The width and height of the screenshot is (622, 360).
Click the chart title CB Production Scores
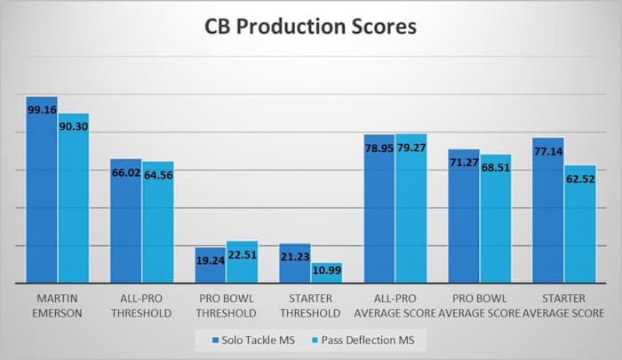(311, 28)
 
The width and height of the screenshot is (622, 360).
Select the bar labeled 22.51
(243, 262)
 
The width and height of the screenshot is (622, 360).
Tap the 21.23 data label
(295, 257)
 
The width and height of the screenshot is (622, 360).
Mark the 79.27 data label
(411, 148)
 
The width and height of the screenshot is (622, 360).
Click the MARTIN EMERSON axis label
(58, 306)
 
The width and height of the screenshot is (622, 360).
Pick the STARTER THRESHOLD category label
(311, 306)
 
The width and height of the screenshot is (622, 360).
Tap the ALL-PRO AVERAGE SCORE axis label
(395, 306)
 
